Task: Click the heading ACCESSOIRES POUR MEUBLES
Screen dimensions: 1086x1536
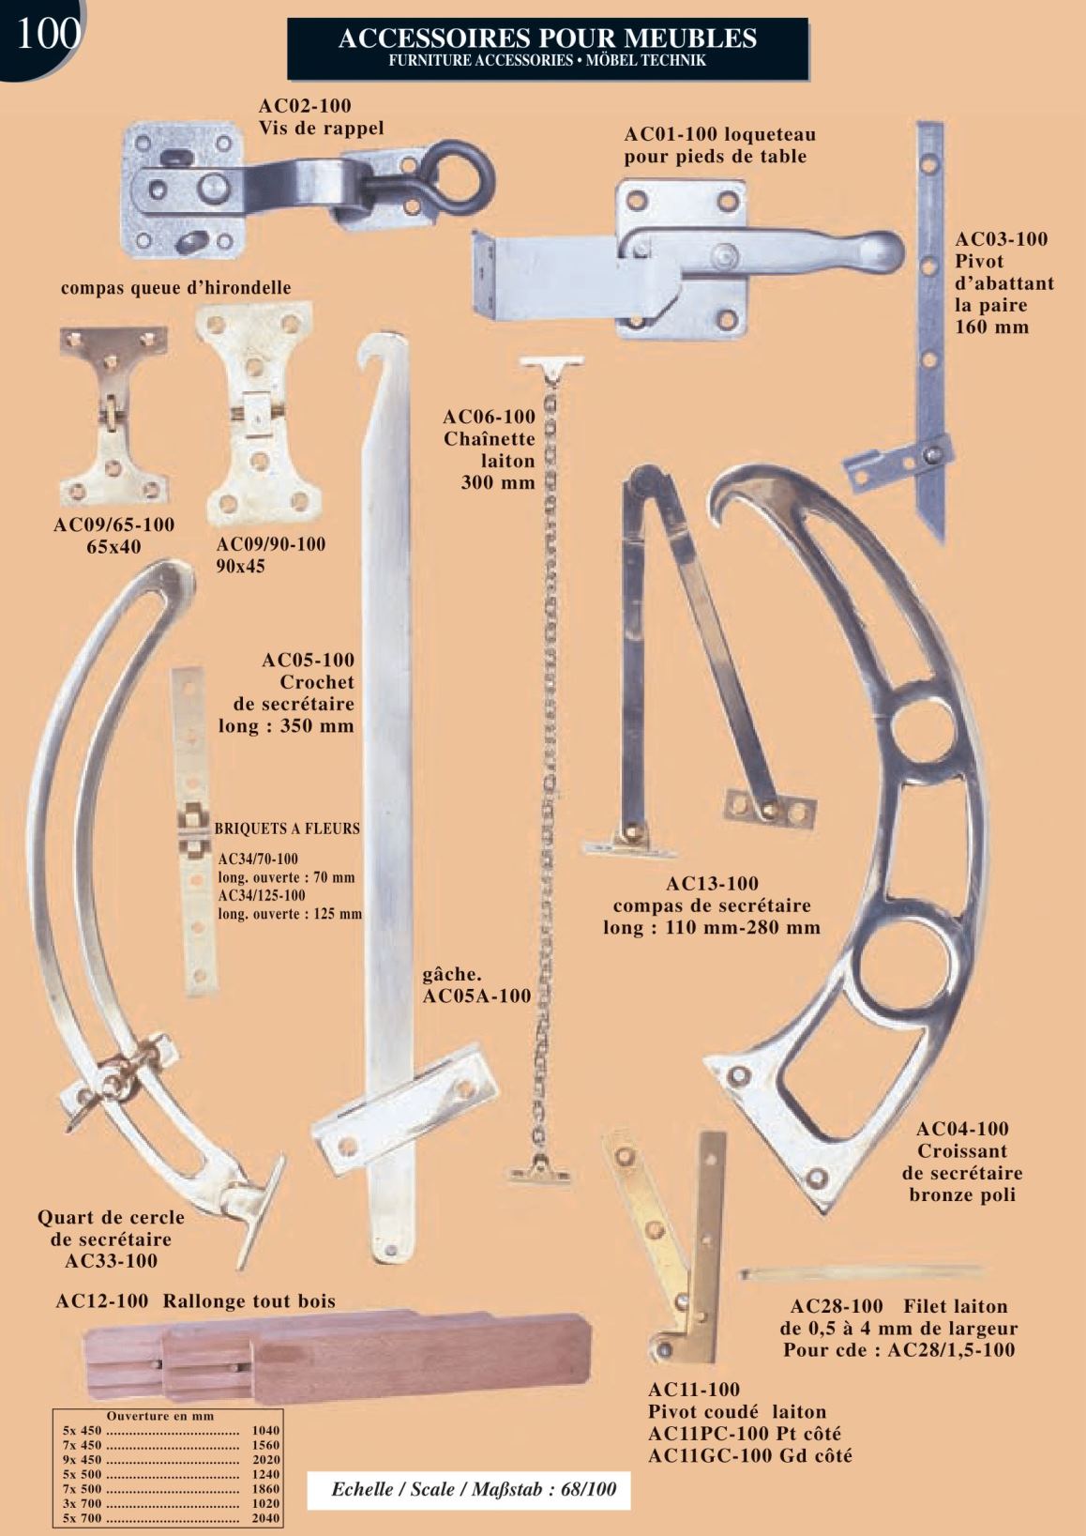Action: [x=548, y=38]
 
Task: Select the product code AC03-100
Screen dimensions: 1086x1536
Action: [x=1001, y=239]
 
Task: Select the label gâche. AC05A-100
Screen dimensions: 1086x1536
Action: [x=476, y=984]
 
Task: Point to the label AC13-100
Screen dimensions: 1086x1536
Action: [x=713, y=884]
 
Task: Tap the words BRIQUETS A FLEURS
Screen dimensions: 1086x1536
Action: [x=287, y=829]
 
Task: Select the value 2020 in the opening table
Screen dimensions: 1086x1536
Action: [x=265, y=1460]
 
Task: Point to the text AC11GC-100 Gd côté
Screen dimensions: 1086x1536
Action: [x=750, y=1455]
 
